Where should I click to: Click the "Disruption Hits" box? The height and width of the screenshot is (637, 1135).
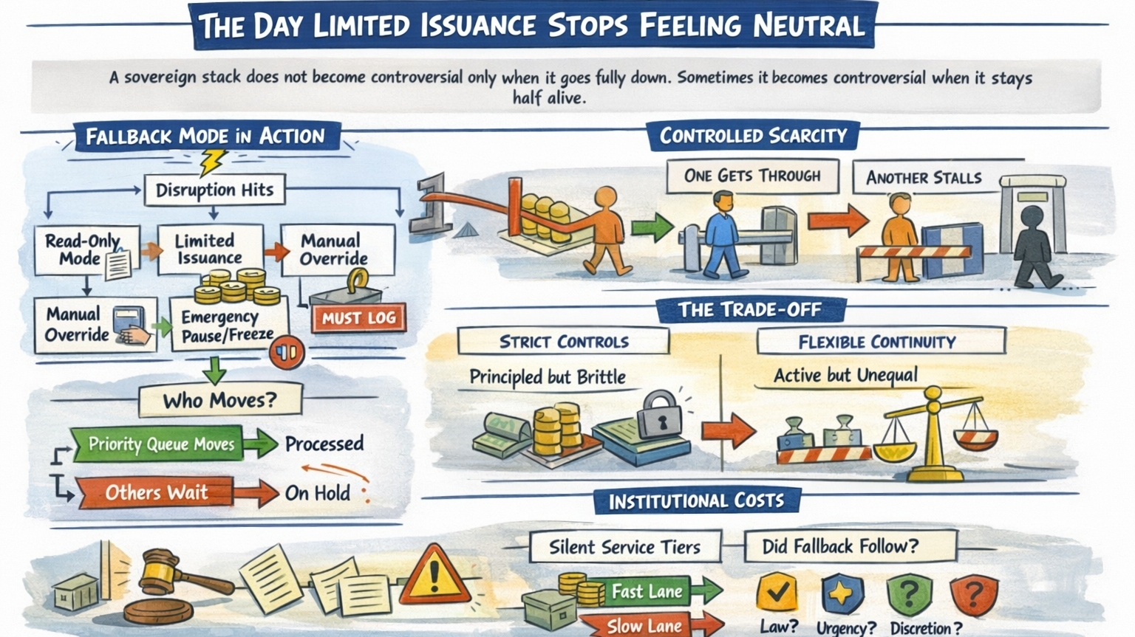tap(214, 190)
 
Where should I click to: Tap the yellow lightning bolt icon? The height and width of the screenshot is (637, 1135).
tap(213, 161)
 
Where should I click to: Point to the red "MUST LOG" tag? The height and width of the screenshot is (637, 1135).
tap(359, 318)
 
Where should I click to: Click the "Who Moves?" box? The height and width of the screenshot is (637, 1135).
tap(219, 400)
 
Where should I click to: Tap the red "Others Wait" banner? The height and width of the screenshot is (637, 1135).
tap(156, 492)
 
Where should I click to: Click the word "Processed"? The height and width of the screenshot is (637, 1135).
tap(324, 444)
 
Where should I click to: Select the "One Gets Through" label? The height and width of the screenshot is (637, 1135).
tap(752, 176)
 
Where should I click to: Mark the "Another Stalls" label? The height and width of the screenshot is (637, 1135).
tap(924, 178)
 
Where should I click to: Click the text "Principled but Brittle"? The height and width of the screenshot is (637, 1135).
tap(548, 377)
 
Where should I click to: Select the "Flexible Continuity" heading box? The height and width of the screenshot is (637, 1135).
tap(877, 342)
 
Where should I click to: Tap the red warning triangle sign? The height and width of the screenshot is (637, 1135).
tap(434, 576)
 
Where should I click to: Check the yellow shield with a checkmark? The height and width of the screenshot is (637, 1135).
tap(776, 592)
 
